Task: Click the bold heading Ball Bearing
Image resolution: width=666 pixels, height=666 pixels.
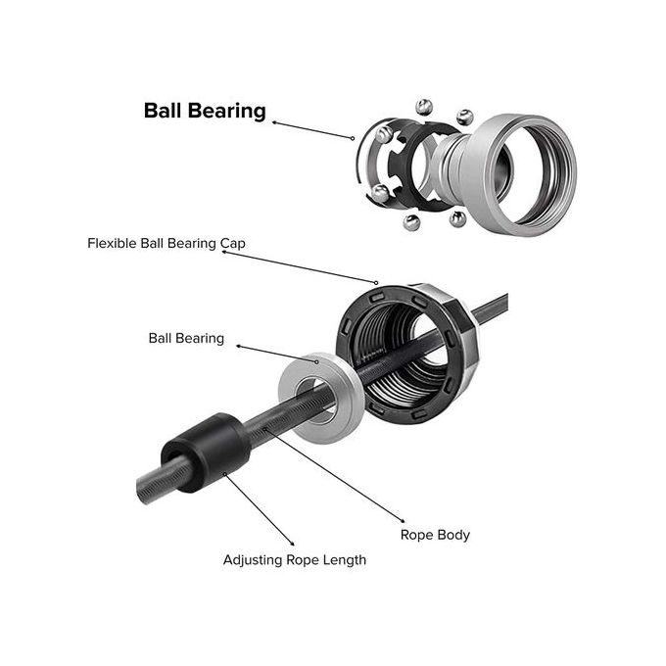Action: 205,110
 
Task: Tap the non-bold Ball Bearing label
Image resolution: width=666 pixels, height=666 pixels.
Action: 186,339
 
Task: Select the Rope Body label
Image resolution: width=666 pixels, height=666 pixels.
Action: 435,535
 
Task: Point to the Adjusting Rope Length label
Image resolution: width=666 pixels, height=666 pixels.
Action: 295,560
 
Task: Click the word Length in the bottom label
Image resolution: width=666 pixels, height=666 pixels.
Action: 344,560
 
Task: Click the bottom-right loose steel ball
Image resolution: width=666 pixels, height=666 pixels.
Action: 457,218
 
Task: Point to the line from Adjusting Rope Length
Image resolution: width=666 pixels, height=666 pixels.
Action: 260,508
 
